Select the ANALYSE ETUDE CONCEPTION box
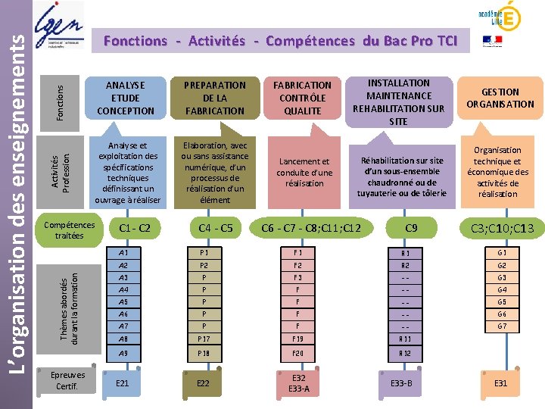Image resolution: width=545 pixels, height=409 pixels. pyautogui.click(x=126, y=98)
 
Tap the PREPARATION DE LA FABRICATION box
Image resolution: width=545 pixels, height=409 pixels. pyautogui.click(x=214, y=98)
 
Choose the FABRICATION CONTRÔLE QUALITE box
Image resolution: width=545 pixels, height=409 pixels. pyautogui.click(x=303, y=98)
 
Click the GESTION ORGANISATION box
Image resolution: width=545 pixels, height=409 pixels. pyautogui.click(x=500, y=98)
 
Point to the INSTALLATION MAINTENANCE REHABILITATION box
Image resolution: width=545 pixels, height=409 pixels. pyautogui.click(x=398, y=101)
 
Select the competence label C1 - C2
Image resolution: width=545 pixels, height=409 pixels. pyautogui.click(x=130, y=228)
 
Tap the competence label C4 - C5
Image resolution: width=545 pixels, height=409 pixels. pyautogui.click(x=215, y=228)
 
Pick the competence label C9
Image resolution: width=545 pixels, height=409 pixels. pyautogui.click(x=411, y=228)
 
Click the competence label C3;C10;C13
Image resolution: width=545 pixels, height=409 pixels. pyautogui.click(x=502, y=229)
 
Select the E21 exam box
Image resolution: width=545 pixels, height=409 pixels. pyautogui.click(x=122, y=384)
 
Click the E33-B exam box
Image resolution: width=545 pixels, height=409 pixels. pyautogui.click(x=401, y=383)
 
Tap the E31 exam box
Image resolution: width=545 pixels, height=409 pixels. pyautogui.click(x=500, y=383)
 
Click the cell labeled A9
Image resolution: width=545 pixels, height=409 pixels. pyautogui.click(x=123, y=354)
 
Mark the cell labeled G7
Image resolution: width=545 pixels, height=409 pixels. pyautogui.click(x=501, y=326)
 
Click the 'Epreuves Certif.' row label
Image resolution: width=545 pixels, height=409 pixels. pyautogui.click(x=67, y=381)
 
